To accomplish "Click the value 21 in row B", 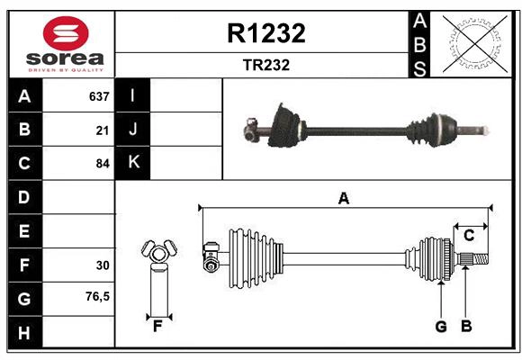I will pos(102,130).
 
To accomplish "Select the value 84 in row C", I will pos(102,164).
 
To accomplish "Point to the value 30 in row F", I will pos(102,265).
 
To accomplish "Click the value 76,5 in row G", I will pos(97,296).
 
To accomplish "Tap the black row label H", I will pos(24,332).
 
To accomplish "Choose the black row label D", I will pos(24,197).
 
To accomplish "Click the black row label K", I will pos(133,163).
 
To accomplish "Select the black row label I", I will pos(133,95).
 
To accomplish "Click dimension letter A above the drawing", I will pos(343,198).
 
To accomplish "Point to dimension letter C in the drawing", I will pos(469,235).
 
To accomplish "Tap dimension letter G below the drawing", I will pos(441,327).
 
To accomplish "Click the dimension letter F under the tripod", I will pos(157,327).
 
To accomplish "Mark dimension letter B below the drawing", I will pos(466,327).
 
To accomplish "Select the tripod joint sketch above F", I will pos(158,254).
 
